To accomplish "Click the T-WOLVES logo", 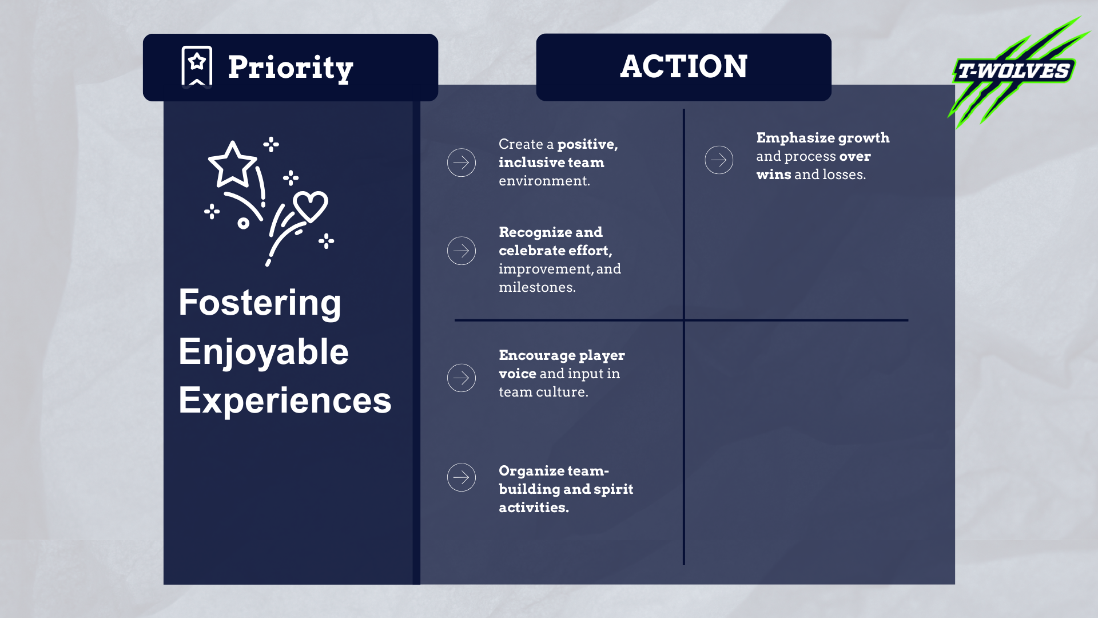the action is (1015, 71).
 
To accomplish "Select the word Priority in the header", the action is (291, 68).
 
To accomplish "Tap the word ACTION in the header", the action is (683, 66).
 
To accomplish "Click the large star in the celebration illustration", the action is (232, 164).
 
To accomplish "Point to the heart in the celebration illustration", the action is (311, 205).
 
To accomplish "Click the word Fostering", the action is (260, 302).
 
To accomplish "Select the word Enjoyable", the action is (263, 351).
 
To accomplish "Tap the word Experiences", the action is (285, 400).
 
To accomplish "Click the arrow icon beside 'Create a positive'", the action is (462, 163).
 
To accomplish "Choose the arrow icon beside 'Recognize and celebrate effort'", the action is (462, 251).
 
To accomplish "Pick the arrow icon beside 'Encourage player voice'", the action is (462, 378).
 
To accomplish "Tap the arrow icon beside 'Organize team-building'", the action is (462, 477).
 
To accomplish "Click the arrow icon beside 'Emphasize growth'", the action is (719, 160).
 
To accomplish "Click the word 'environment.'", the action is (544, 181).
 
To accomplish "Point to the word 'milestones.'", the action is (537, 287).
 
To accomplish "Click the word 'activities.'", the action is (534, 508).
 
